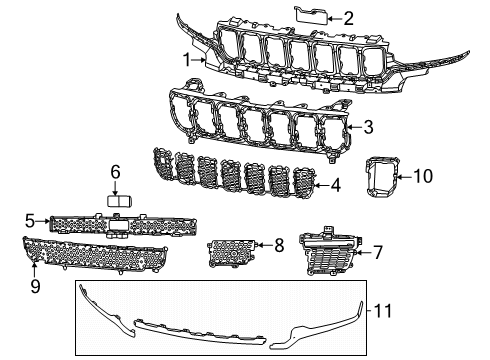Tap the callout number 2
pyautogui.click(x=347, y=16)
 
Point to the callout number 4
pyautogui.click(x=336, y=184)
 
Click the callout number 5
pyautogui.click(x=31, y=220)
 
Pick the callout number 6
pyautogui.click(x=115, y=172)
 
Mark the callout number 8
pyautogui.click(x=279, y=243)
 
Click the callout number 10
pyautogui.click(x=423, y=176)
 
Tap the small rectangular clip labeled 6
pyautogui.click(x=120, y=201)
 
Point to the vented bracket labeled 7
pyautogui.click(x=329, y=256)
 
